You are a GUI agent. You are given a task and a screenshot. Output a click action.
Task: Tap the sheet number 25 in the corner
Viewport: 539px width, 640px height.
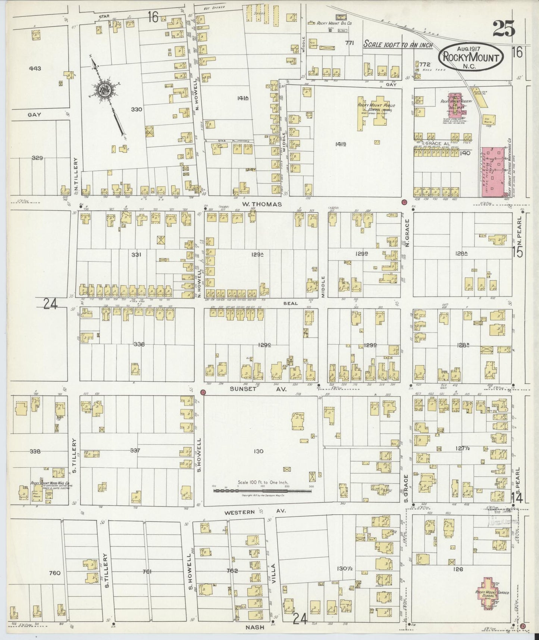(504, 29)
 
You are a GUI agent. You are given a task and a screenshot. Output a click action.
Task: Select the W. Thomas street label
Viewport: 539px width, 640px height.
(256, 204)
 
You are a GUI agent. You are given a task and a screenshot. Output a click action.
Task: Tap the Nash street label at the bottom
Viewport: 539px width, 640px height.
(255, 628)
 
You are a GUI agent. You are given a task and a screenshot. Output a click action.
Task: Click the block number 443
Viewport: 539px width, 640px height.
(37, 69)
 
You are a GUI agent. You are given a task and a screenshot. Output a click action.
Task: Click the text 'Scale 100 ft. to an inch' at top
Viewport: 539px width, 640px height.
(398, 45)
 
